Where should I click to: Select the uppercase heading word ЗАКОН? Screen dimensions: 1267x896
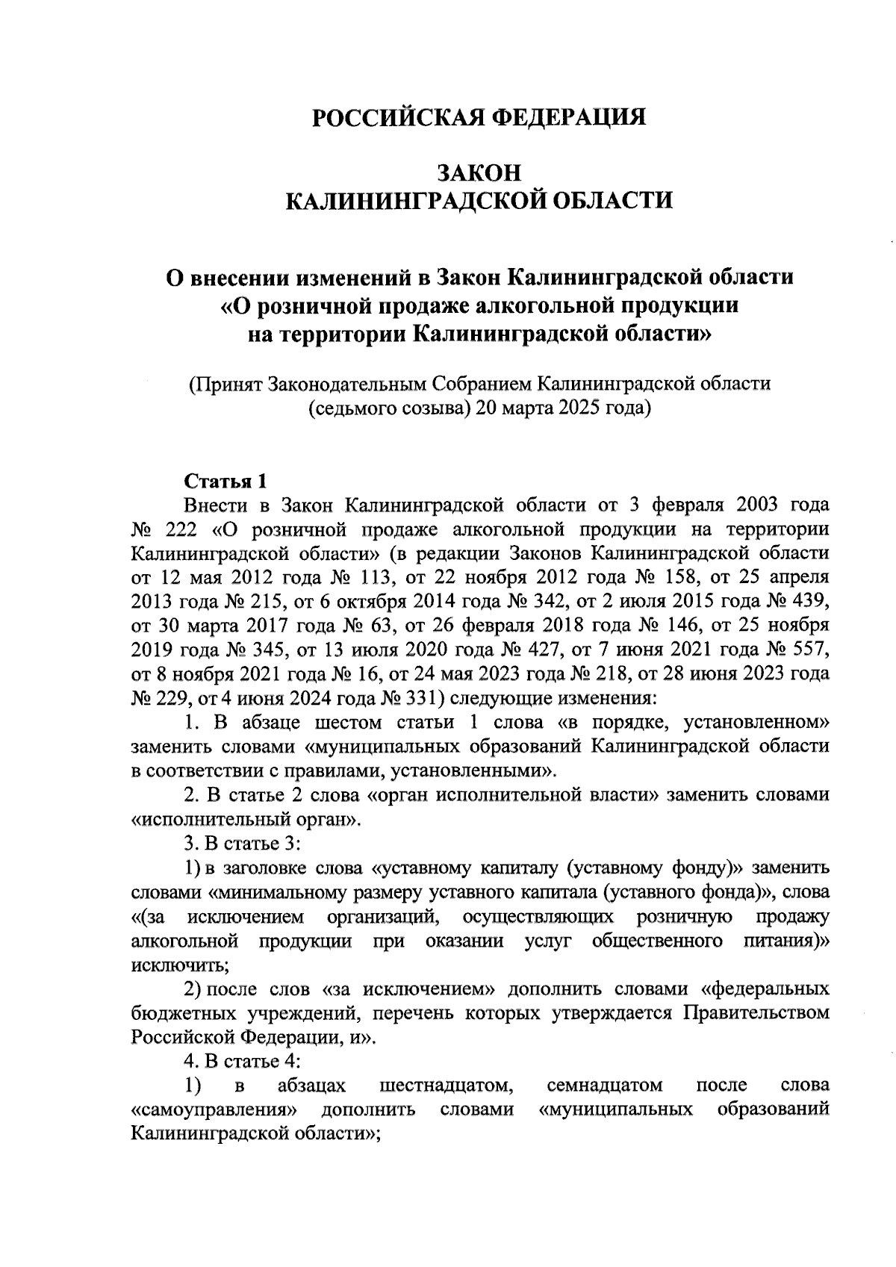click(479, 172)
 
